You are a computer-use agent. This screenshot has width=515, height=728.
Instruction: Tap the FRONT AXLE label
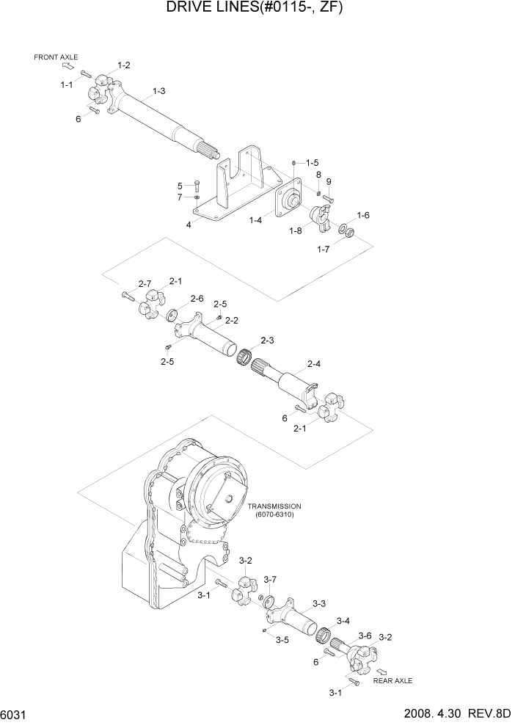coord(56,57)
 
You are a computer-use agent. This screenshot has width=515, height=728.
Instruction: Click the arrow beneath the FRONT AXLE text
coord(67,66)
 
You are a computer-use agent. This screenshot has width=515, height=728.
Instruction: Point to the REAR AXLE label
coord(392,680)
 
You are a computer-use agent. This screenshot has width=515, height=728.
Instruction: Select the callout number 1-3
coord(158,91)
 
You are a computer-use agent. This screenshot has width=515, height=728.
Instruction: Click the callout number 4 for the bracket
coord(189,225)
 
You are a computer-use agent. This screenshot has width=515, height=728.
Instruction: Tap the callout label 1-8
coord(296,231)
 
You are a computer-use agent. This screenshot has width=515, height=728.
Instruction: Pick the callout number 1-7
coord(324,250)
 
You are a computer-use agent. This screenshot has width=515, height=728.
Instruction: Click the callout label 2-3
coord(267,341)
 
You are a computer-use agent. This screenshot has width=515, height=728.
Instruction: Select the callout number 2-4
coord(314,363)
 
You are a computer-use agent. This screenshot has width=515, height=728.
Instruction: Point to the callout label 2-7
coord(145,283)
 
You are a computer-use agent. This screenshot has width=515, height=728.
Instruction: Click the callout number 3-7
coord(270,580)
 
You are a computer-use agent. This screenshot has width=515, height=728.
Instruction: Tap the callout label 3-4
coord(343,621)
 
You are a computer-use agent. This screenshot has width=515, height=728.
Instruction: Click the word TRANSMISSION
coord(274,506)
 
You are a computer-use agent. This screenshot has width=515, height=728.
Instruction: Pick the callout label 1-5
coord(312,162)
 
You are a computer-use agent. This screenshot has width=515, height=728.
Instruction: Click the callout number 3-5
coord(282,640)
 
